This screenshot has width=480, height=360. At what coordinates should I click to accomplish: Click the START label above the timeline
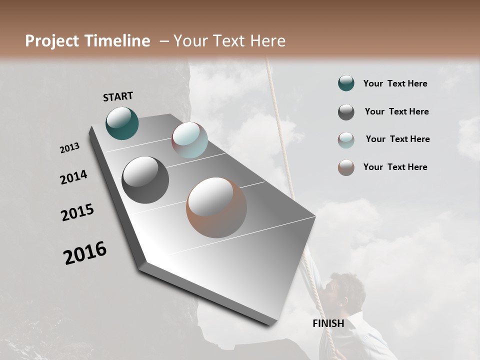click(118, 96)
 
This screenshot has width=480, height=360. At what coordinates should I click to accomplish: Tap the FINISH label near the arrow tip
click(328, 323)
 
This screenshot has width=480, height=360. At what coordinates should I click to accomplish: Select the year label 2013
click(70, 148)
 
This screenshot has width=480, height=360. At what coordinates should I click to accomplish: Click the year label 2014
click(74, 177)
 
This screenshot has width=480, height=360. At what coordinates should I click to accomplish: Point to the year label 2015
click(77, 212)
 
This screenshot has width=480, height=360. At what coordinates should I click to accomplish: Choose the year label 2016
click(85, 253)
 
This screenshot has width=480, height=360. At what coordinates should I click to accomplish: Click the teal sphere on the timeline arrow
click(122, 123)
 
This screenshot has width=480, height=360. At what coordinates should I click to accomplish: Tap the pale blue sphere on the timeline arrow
click(189, 140)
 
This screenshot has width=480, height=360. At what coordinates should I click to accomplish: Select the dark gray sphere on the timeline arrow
click(145, 180)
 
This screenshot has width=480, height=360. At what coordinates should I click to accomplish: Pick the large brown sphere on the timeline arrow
click(216, 207)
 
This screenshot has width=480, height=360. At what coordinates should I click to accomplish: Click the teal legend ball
click(346, 83)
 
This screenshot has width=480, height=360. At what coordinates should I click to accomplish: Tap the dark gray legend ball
click(346, 112)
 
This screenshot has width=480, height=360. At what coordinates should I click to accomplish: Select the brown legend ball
click(346, 167)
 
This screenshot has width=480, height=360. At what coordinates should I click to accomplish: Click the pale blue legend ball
click(346, 140)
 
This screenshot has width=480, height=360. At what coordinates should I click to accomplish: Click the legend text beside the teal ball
click(395, 83)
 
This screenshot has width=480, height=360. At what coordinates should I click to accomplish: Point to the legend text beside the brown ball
click(395, 167)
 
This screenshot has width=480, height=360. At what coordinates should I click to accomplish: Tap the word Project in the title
click(52, 41)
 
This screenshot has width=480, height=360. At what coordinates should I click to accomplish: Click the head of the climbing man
click(347, 290)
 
